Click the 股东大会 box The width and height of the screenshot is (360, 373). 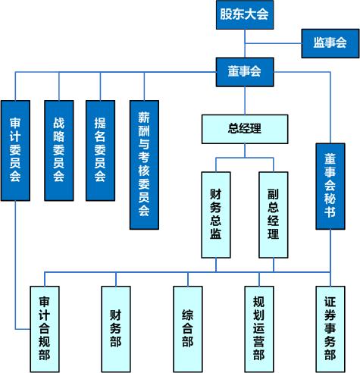[245, 14]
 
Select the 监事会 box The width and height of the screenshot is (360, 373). [330, 43]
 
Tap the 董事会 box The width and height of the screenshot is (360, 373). [245, 72]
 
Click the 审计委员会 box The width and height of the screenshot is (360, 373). [15, 151]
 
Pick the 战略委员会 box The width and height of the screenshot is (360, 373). [59, 151]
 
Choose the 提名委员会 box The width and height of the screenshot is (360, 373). [100, 151]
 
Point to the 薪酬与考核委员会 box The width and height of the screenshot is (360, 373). [144, 165]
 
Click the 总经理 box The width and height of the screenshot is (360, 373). [245, 129]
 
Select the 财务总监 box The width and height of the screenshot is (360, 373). [216, 215]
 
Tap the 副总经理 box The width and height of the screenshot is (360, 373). [274, 215]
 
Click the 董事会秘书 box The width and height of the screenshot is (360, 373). [330, 186]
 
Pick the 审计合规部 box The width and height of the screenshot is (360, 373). [45, 329]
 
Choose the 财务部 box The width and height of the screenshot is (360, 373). [116, 329]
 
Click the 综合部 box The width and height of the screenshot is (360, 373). [188, 329]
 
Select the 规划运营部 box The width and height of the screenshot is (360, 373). [259, 329]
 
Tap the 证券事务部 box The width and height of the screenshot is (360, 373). [330, 329]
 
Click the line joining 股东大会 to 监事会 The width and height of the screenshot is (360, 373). [273, 43]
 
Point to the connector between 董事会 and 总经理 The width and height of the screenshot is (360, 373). [245, 101]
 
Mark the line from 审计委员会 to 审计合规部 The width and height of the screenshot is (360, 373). [15, 265]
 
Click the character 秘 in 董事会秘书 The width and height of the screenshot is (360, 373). [330, 199]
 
